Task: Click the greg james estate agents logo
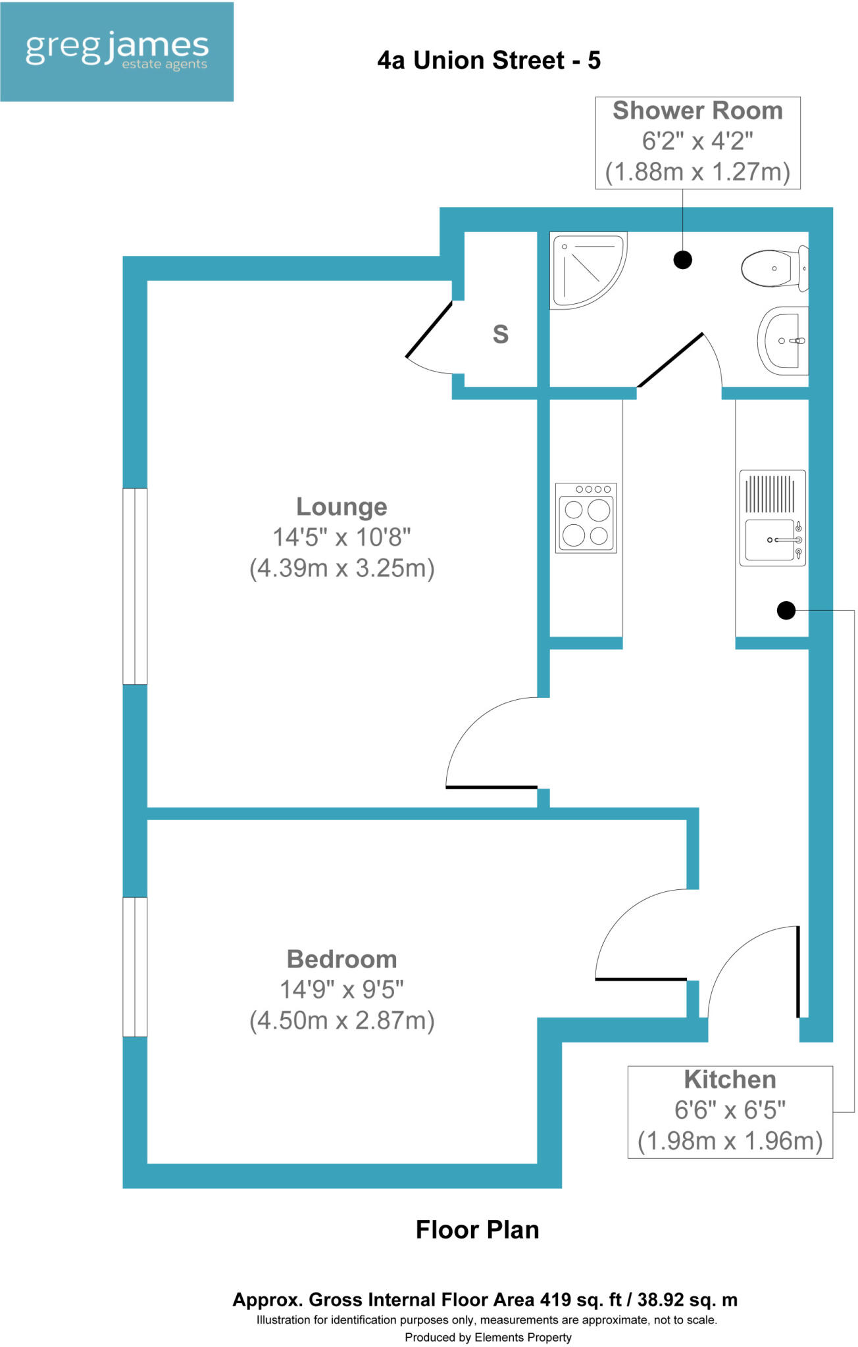point(116,51)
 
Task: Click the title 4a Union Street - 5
point(489,61)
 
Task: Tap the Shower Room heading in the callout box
point(697,110)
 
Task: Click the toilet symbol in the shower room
point(774,268)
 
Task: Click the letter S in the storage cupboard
point(501,334)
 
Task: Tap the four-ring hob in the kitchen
point(586,518)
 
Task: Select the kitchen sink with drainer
point(772,518)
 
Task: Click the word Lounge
point(341,506)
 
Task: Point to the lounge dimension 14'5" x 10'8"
point(341,537)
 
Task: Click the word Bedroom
point(341,959)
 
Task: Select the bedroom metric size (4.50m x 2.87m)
point(341,1020)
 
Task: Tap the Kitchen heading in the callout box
point(730,1079)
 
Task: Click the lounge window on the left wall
point(135,586)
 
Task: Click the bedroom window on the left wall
point(135,966)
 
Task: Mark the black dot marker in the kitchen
point(786,610)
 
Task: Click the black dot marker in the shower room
point(683,260)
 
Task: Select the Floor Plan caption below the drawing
point(477,1229)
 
